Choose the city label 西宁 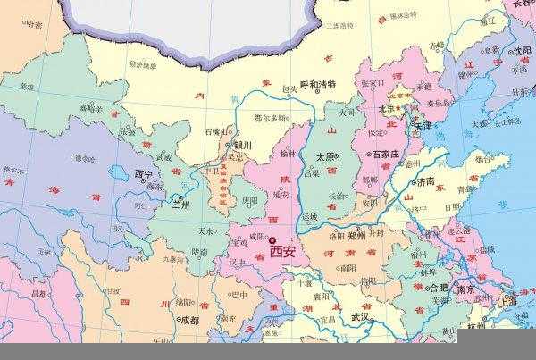pos(143,173)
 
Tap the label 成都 pos(188,320)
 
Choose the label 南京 pos(464,290)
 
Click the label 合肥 pos(438,289)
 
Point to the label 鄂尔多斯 pos(270,118)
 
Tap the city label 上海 pos(510,300)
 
